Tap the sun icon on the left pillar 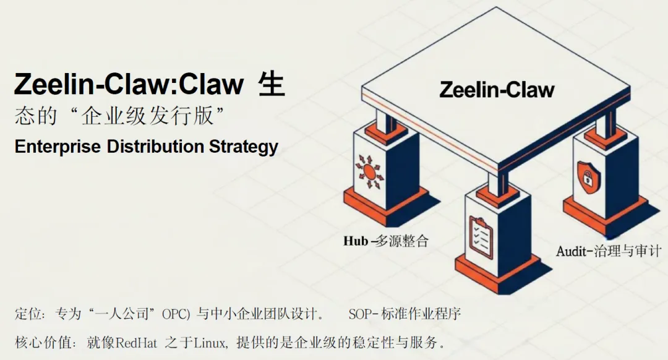pos(370,171)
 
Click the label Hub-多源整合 pos(385,241)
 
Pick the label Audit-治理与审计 pos(609,251)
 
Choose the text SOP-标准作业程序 pos(405,314)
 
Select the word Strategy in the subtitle pos(243,147)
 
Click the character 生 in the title pos(270,85)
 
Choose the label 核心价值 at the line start pos(42,342)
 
